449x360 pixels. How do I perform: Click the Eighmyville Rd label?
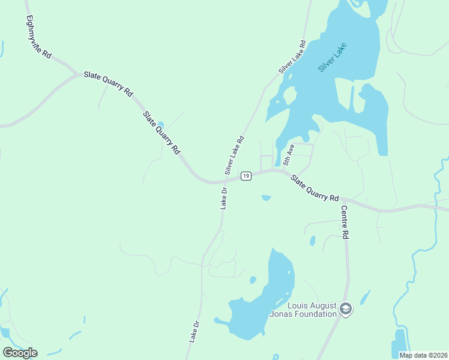coord(39,36)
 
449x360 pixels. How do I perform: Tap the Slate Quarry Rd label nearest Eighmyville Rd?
coord(109,83)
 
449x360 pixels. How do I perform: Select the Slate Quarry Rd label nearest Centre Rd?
coord(315,188)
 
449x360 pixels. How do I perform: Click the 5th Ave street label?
coord(289,154)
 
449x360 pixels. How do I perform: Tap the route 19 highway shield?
coord(246,176)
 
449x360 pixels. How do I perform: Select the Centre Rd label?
coord(345,223)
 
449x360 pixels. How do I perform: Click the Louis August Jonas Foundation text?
coord(312,309)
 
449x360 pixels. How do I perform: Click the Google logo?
coord(20,352)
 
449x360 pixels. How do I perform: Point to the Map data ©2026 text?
coord(423,355)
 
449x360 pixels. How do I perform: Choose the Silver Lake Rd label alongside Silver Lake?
coord(292,57)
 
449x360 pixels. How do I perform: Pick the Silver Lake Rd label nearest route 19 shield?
coord(235,155)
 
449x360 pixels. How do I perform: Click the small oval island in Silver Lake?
coord(290,95)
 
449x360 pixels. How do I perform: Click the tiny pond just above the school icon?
coord(365,296)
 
